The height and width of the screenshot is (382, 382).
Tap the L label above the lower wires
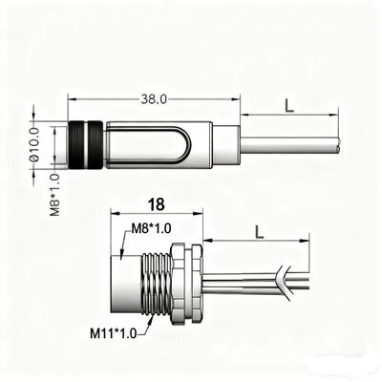[258, 229]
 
